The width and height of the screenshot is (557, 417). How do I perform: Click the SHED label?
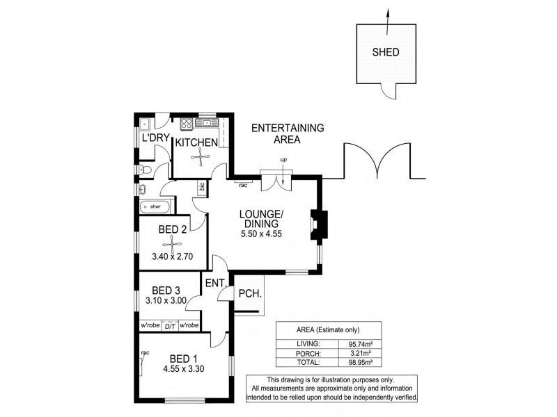(387, 52)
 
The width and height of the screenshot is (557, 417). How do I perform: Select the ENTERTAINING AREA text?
(287, 133)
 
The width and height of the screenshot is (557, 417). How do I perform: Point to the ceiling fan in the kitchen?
(200, 159)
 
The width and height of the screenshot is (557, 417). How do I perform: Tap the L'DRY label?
(155, 138)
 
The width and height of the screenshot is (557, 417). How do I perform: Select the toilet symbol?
(144, 169)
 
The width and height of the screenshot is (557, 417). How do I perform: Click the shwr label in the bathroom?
(155, 206)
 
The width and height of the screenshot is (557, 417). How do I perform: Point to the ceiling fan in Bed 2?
(171, 243)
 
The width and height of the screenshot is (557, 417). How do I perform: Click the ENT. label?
(213, 284)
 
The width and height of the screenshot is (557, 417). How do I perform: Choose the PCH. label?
(250, 294)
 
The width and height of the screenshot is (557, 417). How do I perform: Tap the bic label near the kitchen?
(201, 188)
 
